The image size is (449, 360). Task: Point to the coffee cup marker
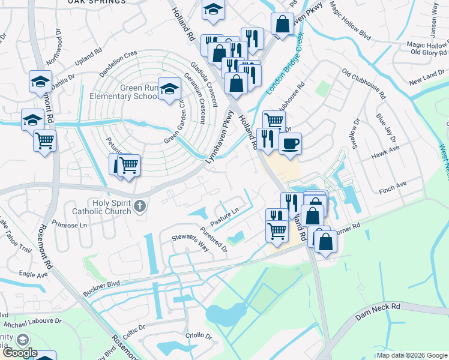pyautogui.click(x=290, y=144)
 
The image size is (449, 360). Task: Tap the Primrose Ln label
pyautogui.click(x=70, y=227)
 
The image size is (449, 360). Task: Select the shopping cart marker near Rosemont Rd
pyautogui.click(x=44, y=142)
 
